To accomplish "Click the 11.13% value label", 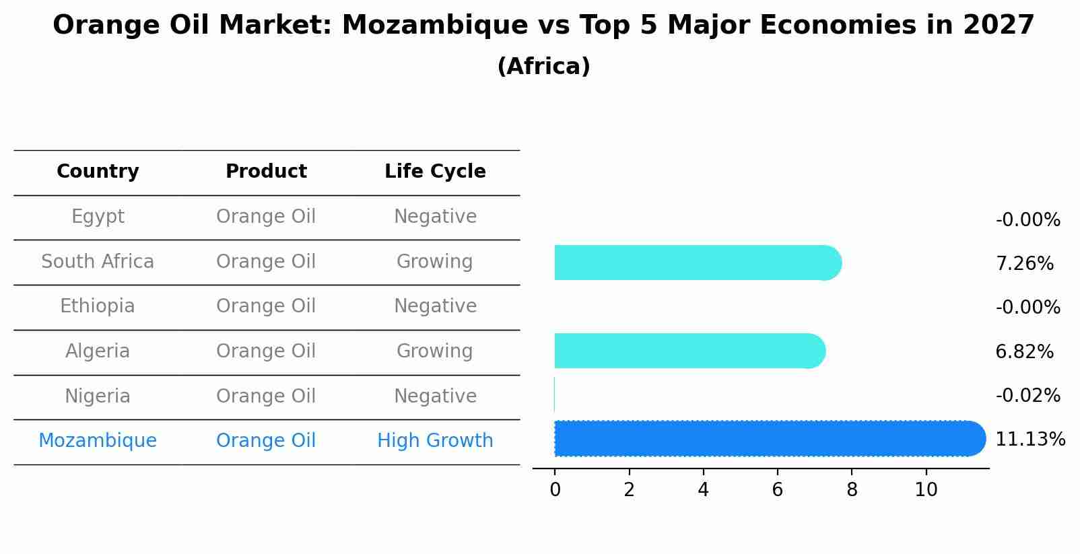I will (1030, 440).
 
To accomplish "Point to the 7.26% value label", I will (1024, 264).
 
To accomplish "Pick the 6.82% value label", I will (1024, 352).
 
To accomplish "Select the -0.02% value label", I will (1027, 396).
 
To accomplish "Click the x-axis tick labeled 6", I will (777, 490).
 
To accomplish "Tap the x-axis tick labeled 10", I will (926, 490).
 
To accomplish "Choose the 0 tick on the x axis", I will (555, 490).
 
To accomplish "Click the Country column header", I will (98, 172).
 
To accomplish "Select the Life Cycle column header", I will (435, 172).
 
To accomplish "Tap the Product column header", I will (266, 172).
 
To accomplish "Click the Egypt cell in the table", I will (98, 217).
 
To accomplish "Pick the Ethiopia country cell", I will (98, 306).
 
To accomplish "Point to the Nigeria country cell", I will (98, 396).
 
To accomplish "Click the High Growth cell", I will (435, 441).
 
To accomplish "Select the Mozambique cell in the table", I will (98, 441).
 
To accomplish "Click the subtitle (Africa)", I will (543, 67).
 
